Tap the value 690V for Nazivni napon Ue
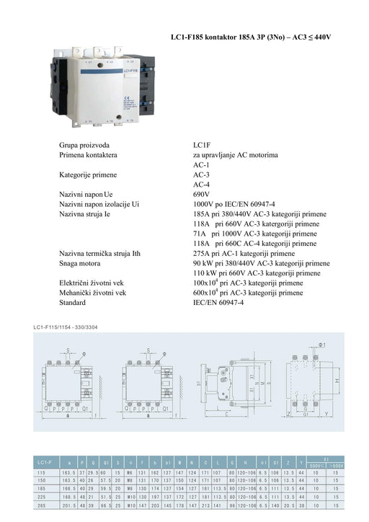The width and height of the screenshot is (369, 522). click(x=201, y=195)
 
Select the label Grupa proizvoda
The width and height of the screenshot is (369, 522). click(x=86, y=145)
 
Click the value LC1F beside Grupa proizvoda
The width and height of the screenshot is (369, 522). click(x=202, y=145)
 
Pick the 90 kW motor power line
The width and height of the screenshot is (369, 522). click(x=257, y=264)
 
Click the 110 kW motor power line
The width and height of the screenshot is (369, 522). click(x=257, y=274)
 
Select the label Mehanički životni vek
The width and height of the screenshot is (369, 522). click(x=93, y=293)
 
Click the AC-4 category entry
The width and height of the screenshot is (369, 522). click(x=201, y=185)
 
